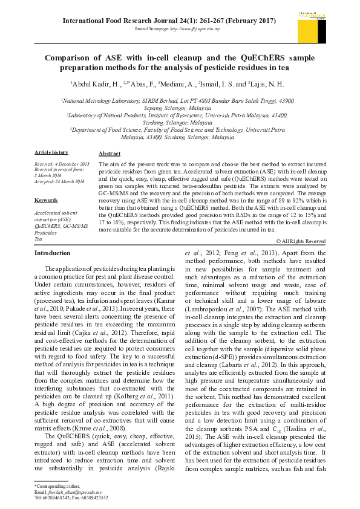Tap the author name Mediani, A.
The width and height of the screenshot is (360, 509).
coord(177,84)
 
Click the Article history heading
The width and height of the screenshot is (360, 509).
coord(51,152)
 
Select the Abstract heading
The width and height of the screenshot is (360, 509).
coord(110,154)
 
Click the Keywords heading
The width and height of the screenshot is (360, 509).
coord(46,199)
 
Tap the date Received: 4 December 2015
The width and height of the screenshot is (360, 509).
coord(62,164)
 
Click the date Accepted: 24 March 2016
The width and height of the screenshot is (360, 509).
coord(59,181)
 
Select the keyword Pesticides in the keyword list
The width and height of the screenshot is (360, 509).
coord(46,233)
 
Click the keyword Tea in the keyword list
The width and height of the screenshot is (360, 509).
coord(38,239)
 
